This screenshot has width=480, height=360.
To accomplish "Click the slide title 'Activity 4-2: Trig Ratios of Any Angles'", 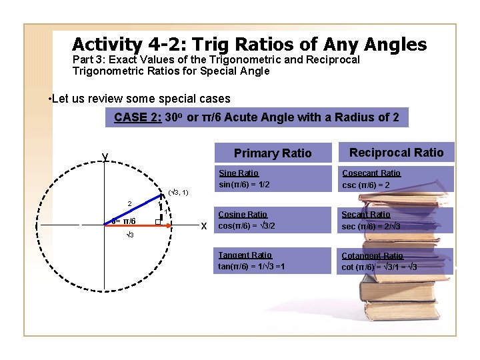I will coord(249,45).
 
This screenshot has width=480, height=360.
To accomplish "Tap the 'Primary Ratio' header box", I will coord(272,153).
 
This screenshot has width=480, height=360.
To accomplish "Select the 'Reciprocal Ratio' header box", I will coord(396,153).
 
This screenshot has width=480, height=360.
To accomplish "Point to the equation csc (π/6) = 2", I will coord(366,185).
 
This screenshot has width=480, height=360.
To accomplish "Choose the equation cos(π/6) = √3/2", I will coord(247,226).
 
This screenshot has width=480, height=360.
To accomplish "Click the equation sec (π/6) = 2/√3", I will coord(370,226).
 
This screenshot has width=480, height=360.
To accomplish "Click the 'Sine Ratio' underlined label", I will coord(238,173).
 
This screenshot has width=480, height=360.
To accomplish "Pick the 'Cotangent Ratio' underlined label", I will coord(372,256).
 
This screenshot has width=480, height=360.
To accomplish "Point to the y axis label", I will coord(105,157).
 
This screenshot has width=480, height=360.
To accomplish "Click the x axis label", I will coord(204,226).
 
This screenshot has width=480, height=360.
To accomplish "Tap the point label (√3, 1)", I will coord(178,193).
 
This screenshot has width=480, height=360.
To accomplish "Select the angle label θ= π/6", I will coord(124,221).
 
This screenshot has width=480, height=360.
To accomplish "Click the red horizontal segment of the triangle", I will coord(133,226).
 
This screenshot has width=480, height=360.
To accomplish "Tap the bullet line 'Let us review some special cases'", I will coord(140,99).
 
